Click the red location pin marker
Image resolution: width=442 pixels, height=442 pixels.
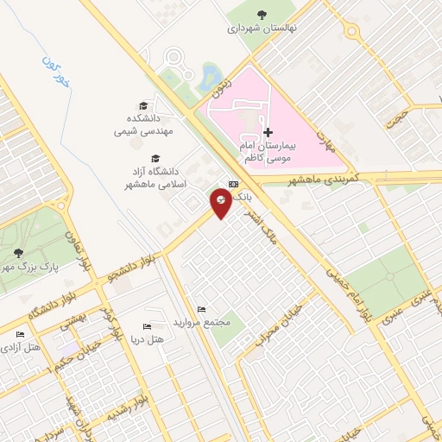(x=222, y=203)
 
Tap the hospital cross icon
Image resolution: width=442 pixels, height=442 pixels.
(x=268, y=133)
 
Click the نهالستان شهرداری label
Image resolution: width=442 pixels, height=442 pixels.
(x=262, y=27)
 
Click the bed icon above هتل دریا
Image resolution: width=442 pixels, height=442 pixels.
(x=146, y=326)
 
